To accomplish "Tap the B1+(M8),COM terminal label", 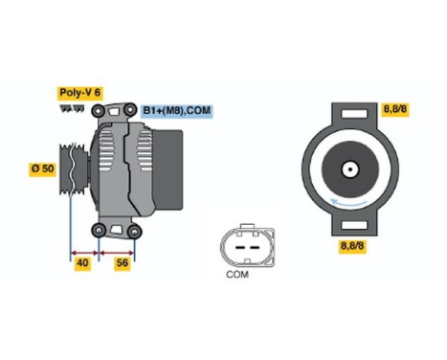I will [x=177, y=110].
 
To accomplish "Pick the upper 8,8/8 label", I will [x=394, y=110].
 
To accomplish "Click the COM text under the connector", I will [x=237, y=276].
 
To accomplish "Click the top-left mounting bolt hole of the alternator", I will [x=98, y=113].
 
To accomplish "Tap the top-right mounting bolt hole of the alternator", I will [x=135, y=113].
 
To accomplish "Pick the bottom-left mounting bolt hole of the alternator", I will [x=98, y=230].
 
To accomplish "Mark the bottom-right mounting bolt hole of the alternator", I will [x=135, y=230].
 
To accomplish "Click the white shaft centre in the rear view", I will [x=350, y=174].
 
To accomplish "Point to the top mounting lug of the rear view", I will [x=351, y=112].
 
